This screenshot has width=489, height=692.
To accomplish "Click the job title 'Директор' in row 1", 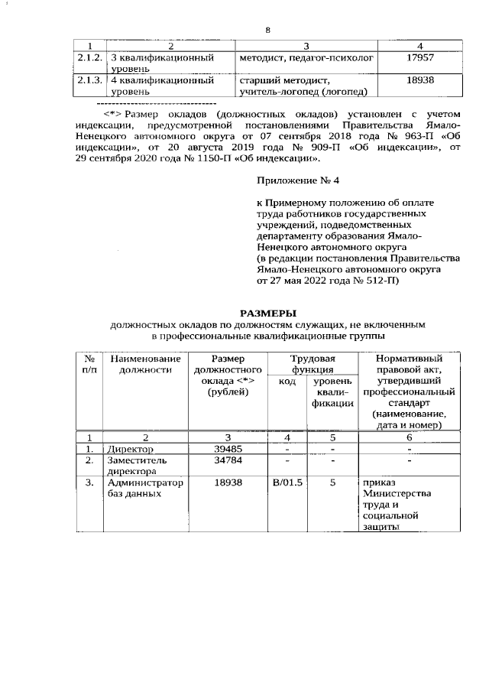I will [130, 449].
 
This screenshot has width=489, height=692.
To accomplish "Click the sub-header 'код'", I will [287, 382].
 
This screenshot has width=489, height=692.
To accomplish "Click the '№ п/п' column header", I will [89, 365].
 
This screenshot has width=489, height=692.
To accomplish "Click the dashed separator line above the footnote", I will [157, 102].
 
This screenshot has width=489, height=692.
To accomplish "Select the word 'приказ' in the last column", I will [379, 483].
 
